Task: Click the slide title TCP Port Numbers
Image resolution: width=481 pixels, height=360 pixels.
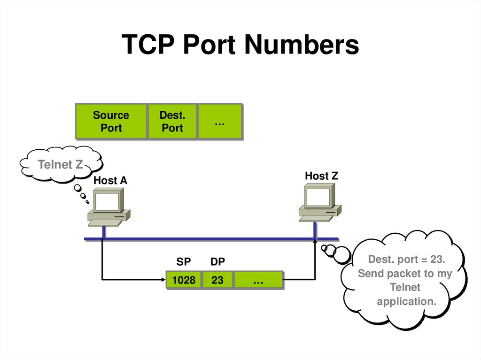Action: pos(240,46)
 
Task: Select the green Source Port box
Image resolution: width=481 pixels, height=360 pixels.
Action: pos(111,122)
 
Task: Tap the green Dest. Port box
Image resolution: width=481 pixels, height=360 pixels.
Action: pos(172,122)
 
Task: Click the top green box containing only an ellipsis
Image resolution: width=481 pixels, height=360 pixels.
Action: pos(219,122)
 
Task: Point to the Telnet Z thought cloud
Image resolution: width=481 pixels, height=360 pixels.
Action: pos(61,165)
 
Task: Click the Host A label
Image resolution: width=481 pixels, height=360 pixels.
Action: pos(110,181)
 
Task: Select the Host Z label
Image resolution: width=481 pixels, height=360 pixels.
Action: pos(321,176)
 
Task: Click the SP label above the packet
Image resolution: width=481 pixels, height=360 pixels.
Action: pos(183,261)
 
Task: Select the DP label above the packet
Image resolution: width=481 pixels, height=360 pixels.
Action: pos(217,261)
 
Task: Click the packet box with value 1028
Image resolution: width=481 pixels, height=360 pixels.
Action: pos(184,280)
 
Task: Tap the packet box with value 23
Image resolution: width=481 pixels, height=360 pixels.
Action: pos(217,280)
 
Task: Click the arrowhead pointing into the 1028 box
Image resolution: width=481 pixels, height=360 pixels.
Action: pos(163,280)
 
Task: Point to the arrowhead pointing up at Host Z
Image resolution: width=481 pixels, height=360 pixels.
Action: pos(315,241)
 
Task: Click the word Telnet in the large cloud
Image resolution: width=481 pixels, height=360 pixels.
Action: pos(405,287)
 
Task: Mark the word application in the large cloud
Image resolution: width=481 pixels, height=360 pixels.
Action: pos(406,301)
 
